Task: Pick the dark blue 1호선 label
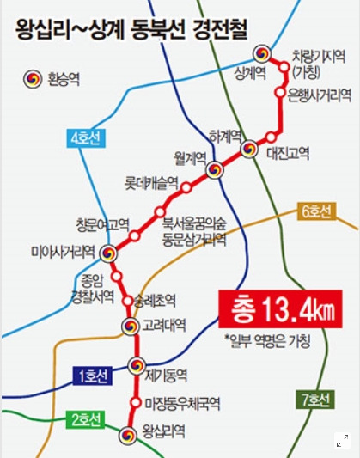click(91, 376)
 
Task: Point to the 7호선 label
click(315, 400)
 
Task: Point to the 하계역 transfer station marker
click(248, 149)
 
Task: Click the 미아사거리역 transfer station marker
click(108, 253)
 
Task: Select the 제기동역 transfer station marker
click(136, 366)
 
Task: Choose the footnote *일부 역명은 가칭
click(266, 341)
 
